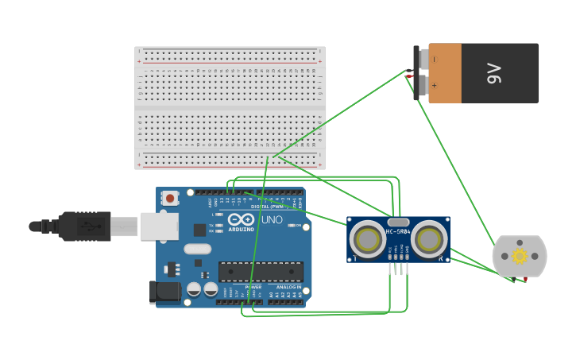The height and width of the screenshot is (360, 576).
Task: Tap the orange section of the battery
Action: tap(445, 73)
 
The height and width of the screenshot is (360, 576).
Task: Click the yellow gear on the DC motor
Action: tap(520, 256)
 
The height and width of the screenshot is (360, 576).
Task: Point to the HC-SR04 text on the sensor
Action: tap(399, 232)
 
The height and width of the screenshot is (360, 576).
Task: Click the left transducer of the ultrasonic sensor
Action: tap(368, 238)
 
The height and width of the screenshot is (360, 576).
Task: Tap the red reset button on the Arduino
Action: tap(169, 198)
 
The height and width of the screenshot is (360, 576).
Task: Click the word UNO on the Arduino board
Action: tap(272, 219)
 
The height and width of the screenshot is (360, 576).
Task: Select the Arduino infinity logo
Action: tap(241, 219)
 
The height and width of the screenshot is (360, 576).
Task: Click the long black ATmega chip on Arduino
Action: tap(260, 272)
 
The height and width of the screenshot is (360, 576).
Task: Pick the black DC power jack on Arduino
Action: tap(164, 292)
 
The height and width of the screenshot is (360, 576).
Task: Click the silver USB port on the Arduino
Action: tap(159, 226)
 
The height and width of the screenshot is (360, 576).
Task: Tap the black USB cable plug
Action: tap(83, 226)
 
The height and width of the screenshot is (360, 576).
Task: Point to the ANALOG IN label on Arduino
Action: tap(288, 287)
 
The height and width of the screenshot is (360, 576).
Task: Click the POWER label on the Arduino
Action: tap(253, 287)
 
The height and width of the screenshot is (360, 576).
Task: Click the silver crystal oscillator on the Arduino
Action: tap(198, 249)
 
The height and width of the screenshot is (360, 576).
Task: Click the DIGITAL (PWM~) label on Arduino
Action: tap(265, 207)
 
